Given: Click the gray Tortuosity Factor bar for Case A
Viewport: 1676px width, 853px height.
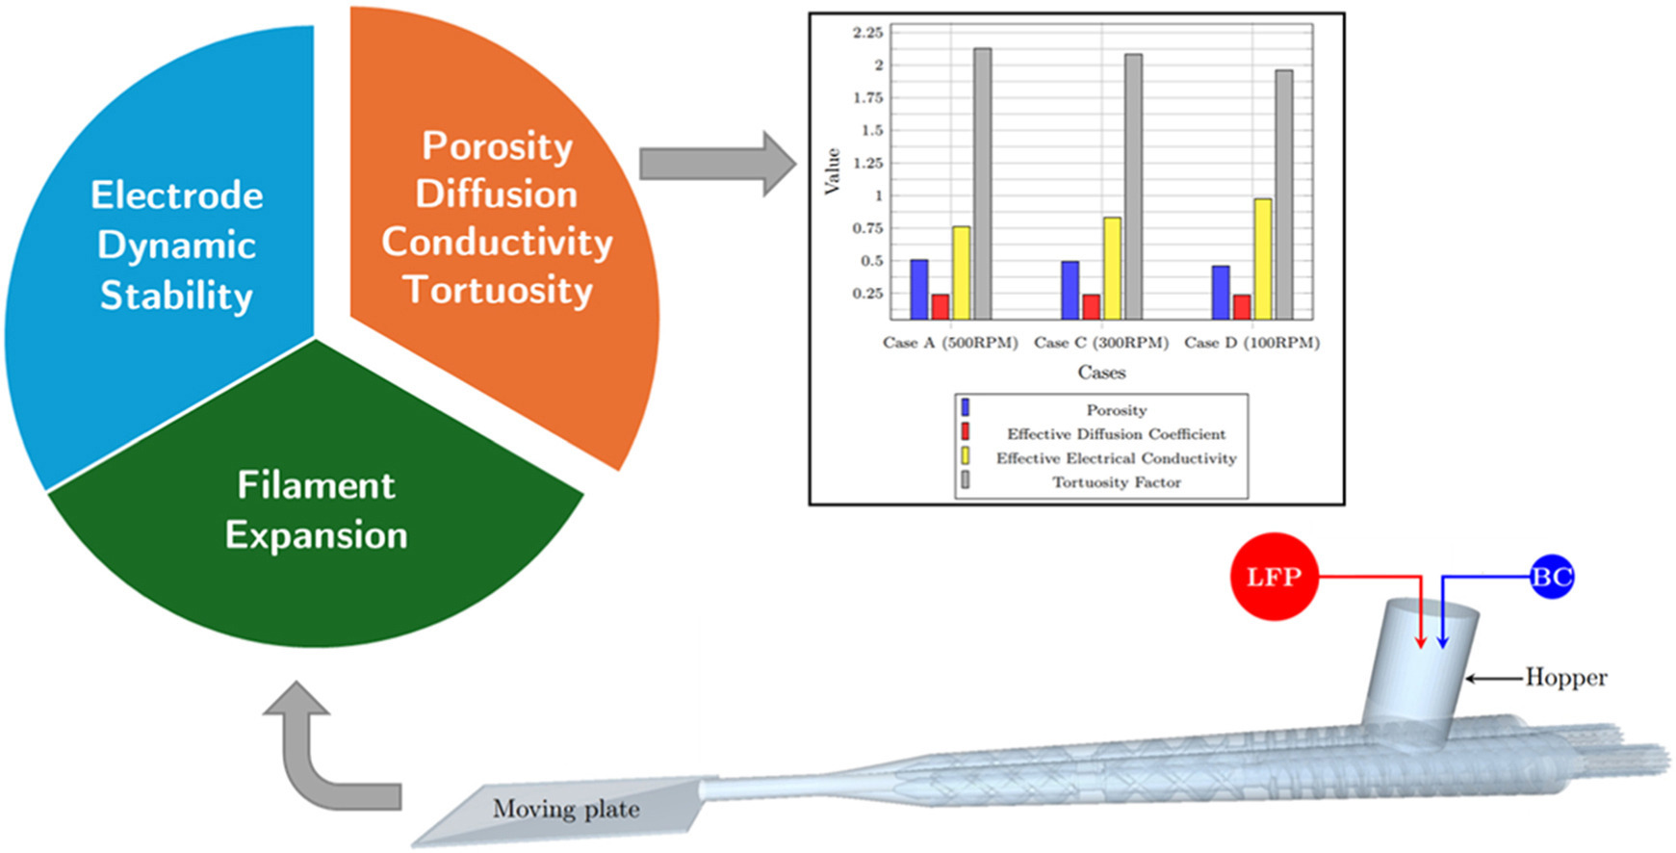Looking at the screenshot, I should pyautogui.click(x=982, y=183).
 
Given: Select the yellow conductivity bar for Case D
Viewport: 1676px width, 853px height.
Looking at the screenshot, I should pyautogui.click(x=1262, y=259).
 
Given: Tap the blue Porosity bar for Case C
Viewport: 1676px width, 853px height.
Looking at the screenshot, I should pyautogui.click(x=1070, y=290).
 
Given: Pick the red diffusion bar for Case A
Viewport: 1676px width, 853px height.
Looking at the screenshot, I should pyautogui.click(x=940, y=306).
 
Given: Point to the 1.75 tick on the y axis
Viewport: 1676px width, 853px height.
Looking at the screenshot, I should pyautogui.click(x=869, y=98).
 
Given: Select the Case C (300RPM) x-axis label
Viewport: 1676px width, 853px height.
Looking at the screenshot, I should pyautogui.click(x=1100, y=343).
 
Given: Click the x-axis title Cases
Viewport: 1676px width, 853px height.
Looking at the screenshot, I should pyautogui.click(x=1101, y=373).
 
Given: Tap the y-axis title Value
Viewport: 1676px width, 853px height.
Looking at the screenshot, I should pyautogui.click(x=833, y=171).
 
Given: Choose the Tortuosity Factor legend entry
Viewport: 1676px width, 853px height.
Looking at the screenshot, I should pyautogui.click(x=1116, y=482).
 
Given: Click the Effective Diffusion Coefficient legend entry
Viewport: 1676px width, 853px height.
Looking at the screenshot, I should pyautogui.click(x=1116, y=434).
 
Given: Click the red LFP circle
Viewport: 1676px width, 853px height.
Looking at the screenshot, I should pyautogui.click(x=1274, y=577).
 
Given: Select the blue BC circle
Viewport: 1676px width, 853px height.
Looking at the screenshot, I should pyautogui.click(x=1551, y=577).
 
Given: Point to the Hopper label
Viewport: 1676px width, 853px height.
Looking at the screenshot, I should pyautogui.click(x=1565, y=678).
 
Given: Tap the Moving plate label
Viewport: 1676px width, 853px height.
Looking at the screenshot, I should pyautogui.click(x=566, y=809).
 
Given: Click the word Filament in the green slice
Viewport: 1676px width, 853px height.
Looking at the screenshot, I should pyautogui.click(x=316, y=485).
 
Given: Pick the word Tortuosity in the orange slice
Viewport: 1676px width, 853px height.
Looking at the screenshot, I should pyautogui.click(x=498, y=290).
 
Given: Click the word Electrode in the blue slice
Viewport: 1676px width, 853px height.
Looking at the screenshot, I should pyautogui.click(x=177, y=195).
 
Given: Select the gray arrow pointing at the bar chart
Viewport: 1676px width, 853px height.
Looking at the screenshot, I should pyautogui.click(x=717, y=164).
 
